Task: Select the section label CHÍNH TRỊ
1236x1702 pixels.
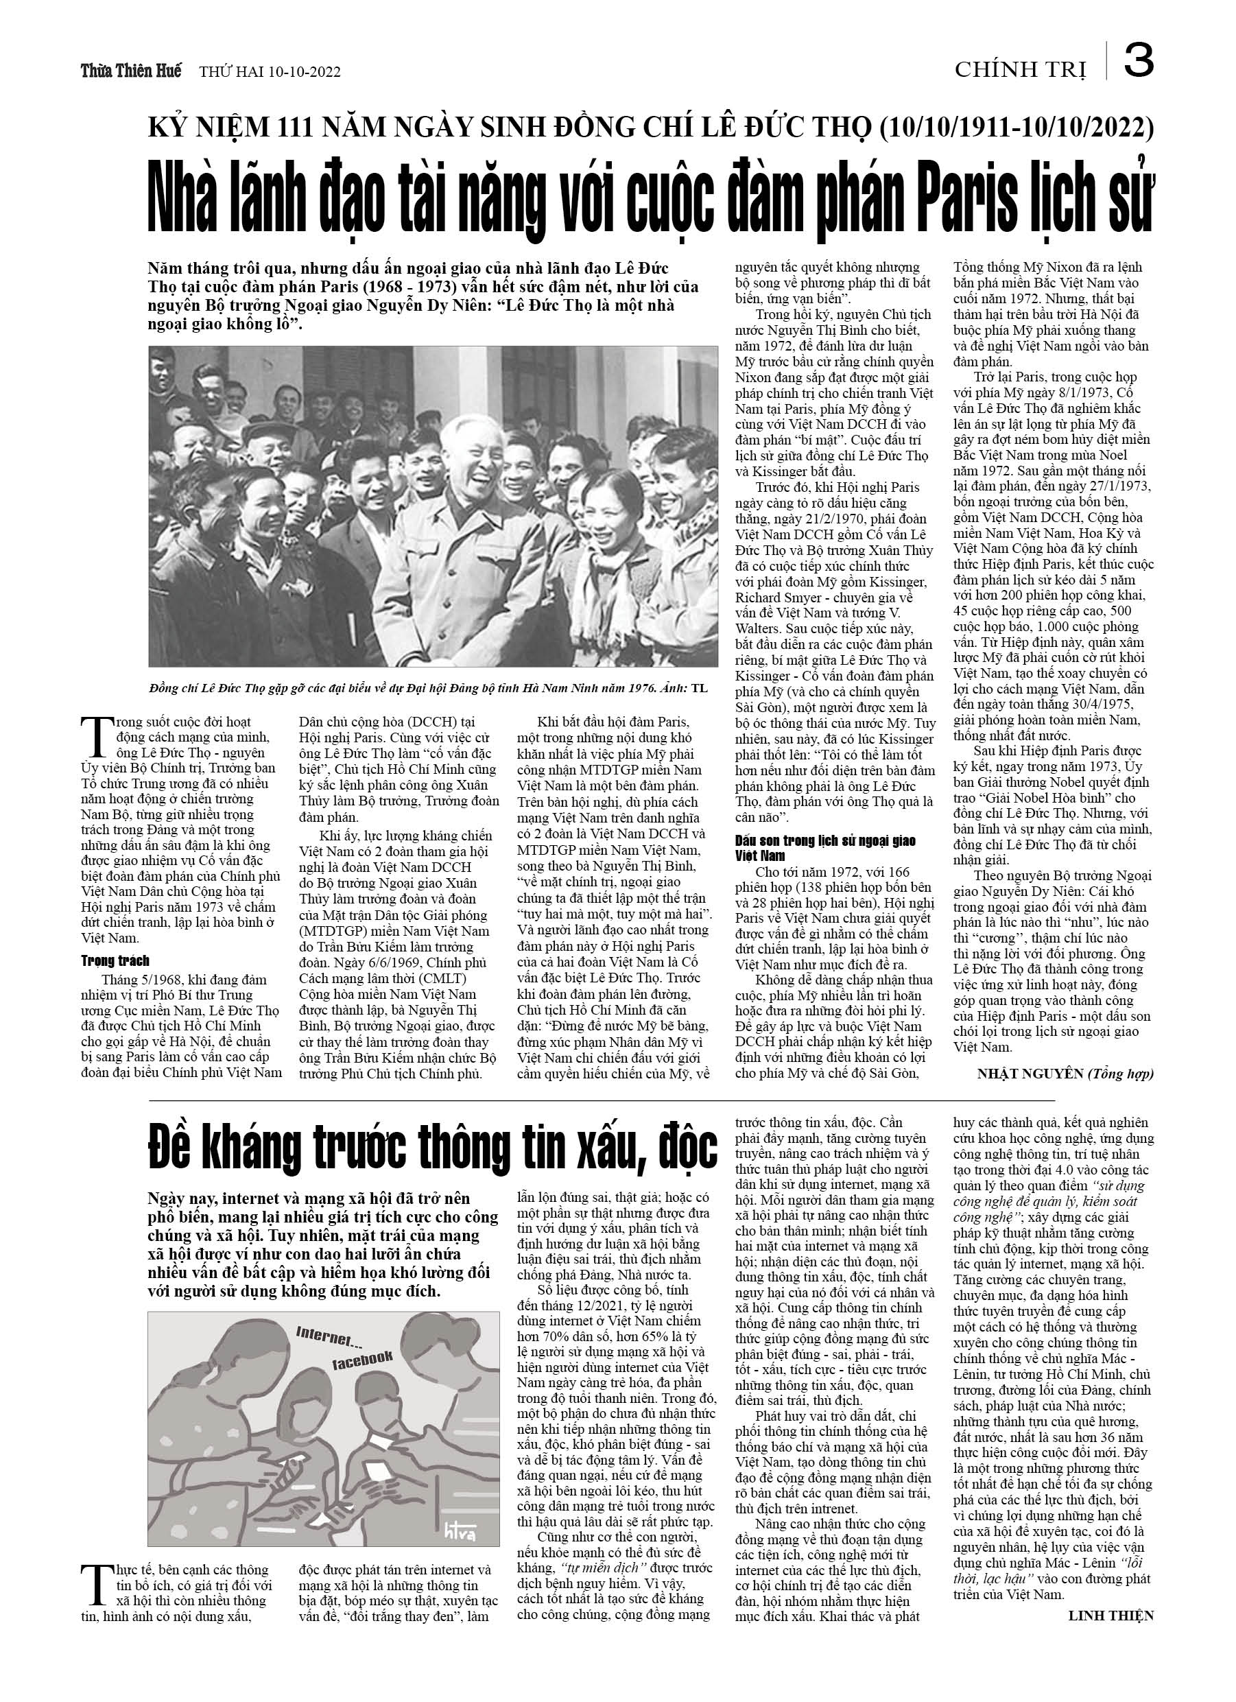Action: (x=1021, y=70)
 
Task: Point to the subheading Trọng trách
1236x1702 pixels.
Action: (x=115, y=960)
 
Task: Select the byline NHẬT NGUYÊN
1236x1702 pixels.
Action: (x=1030, y=1074)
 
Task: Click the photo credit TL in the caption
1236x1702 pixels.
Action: (x=699, y=687)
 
